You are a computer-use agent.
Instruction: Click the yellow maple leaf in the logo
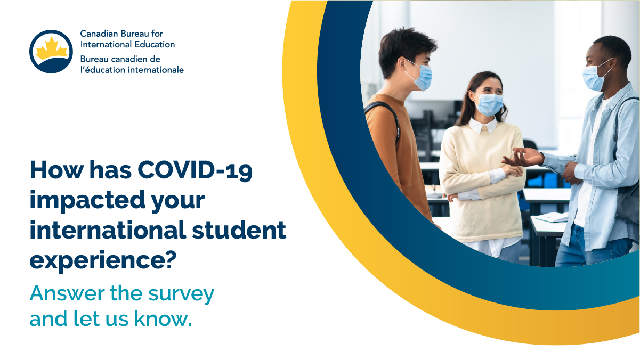(52, 48)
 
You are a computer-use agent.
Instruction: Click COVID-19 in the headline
(195, 170)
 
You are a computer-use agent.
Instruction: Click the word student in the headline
(239, 230)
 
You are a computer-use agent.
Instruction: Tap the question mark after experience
(171, 260)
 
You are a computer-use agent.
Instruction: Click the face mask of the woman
(489, 104)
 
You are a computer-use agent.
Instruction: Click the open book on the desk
(552, 217)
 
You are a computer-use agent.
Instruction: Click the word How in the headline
(56, 170)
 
